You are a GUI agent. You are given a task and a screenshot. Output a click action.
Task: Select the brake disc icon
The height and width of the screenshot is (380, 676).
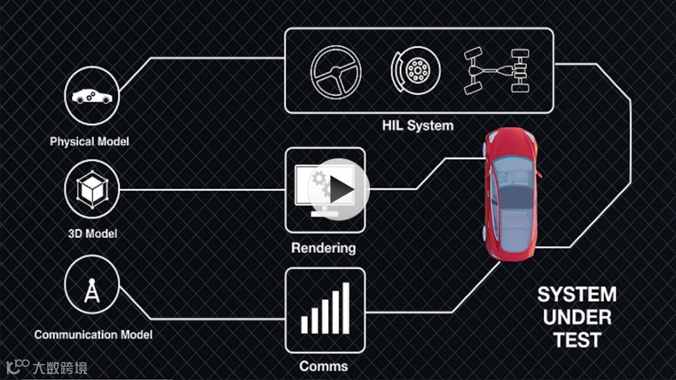coord(415,70)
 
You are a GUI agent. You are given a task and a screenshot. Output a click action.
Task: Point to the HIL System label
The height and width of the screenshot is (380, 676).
coord(417,125)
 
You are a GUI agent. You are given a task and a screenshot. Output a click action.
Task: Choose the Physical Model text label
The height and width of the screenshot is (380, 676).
coord(90,141)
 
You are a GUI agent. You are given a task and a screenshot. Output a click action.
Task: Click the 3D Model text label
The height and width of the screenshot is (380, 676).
coord(92,234)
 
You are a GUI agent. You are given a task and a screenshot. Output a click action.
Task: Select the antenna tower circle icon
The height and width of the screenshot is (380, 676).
coord(92,288)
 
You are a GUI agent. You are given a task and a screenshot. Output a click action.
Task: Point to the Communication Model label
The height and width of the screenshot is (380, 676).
coord(93,335)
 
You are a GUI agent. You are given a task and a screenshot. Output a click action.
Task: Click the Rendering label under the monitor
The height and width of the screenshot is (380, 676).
coord(323,248)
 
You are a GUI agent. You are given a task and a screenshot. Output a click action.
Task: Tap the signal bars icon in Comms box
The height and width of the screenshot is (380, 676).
coord(325,309)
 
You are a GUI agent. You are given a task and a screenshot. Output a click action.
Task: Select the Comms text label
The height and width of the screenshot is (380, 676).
coord(323,366)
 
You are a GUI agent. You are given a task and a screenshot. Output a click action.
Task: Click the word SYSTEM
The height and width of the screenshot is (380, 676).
coord(576,295)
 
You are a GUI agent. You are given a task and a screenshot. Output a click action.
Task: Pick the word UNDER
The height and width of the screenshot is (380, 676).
coord(576,317)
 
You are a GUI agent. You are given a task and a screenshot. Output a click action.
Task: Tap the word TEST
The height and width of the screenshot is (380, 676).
coord(576,341)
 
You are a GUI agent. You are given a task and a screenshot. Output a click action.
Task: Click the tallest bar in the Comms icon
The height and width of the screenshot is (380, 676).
coord(346,307)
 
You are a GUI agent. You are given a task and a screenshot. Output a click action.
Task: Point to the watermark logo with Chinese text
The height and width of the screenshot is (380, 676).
coord(46,367)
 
